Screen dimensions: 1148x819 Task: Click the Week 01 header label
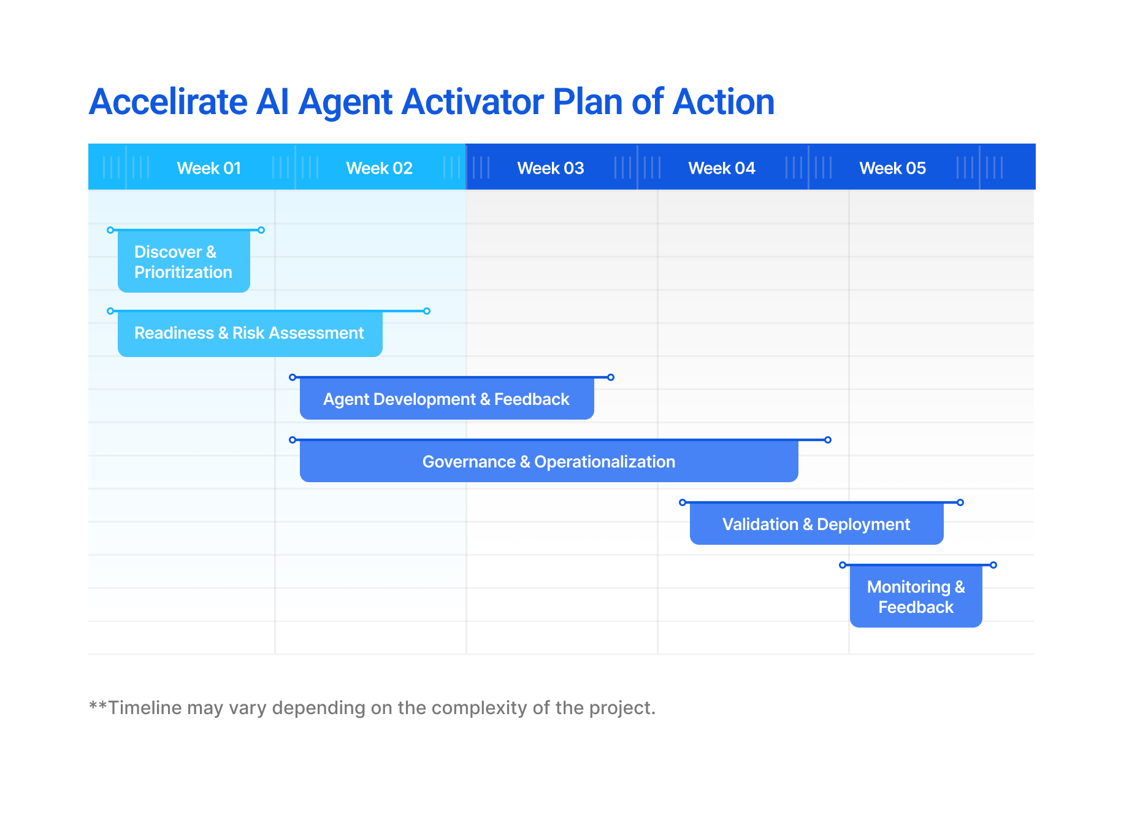(209, 168)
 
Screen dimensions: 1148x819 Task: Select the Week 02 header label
(379, 168)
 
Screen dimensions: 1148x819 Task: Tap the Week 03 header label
(550, 168)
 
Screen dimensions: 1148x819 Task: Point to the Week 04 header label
(721, 168)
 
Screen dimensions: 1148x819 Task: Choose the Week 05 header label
(892, 168)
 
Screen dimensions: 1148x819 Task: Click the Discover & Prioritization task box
(184, 262)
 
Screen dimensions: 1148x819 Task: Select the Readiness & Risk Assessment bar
(250, 334)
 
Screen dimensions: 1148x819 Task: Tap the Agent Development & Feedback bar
(447, 399)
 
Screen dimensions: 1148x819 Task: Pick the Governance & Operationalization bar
(549, 461)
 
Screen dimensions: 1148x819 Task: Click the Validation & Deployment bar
(816, 524)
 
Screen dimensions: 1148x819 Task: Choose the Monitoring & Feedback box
(916, 597)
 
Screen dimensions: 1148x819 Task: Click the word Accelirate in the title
(168, 102)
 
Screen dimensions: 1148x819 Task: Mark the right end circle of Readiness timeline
(427, 311)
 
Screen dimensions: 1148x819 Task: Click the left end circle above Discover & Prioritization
(110, 230)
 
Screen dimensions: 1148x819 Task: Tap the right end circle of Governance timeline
(828, 440)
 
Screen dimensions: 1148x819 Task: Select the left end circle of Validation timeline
(683, 502)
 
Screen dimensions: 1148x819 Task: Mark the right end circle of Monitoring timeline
(993, 565)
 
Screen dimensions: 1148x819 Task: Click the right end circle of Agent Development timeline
(611, 377)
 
